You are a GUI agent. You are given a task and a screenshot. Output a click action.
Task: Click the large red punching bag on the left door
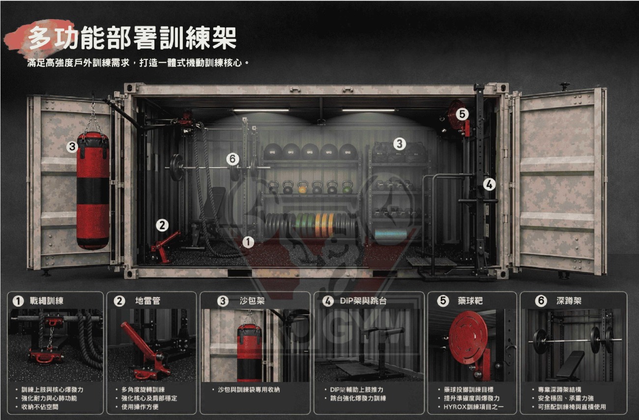pos(93,191)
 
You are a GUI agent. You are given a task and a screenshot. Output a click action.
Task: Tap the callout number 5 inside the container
pos(462,114)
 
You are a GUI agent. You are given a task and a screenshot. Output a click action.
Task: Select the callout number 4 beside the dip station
pos(489,185)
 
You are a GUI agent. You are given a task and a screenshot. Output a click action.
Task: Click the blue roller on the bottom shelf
pos(391,234)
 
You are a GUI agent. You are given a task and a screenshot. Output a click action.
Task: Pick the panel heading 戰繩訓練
pos(47,301)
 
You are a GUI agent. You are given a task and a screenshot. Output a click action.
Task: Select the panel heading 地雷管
pos(147,301)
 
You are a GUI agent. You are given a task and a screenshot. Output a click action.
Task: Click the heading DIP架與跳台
pos(363,301)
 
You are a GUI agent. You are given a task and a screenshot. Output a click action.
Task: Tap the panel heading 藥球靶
pos(470,301)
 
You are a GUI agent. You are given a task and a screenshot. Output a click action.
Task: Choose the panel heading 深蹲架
pos(569,301)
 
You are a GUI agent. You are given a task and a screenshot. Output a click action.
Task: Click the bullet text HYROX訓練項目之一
pos(473,407)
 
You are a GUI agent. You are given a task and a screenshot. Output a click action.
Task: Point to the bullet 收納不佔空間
pos(40,407)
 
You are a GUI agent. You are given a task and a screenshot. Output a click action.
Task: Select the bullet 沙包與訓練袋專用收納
pos(249,390)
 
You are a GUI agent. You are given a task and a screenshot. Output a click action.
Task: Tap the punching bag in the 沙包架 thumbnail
pos(249,353)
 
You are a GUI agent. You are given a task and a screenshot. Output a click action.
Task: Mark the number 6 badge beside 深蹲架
pos(541,301)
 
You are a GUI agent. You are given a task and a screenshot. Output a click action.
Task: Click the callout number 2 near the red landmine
pos(162,225)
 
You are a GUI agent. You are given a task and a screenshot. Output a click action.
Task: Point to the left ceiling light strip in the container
pos(261,110)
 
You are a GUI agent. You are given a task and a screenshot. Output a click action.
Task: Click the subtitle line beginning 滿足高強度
pos(138,62)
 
